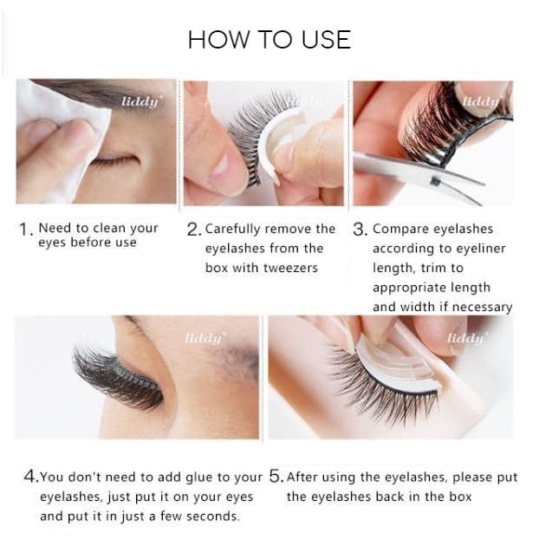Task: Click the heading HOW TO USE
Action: (269, 39)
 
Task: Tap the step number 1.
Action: (24, 230)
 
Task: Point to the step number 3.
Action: (359, 230)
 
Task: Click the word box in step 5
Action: (460, 497)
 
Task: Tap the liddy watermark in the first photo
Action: (140, 101)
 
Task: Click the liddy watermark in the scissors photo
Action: (480, 101)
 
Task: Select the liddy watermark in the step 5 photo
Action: (466, 338)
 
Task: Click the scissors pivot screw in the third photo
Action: (436, 180)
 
